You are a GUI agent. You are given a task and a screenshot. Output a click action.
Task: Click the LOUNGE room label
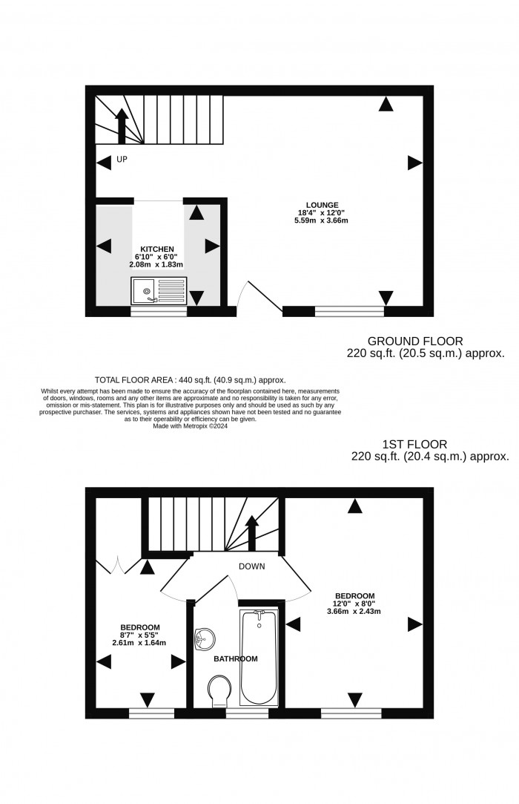tap(323, 205)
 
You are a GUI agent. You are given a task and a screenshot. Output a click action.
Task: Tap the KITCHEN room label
tap(157, 249)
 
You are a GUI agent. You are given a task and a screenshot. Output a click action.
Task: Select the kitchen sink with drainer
tap(159, 290)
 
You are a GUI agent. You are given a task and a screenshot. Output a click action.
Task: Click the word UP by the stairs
tap(122, 159)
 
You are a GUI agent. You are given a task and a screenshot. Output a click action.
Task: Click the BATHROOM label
tap(236, 658)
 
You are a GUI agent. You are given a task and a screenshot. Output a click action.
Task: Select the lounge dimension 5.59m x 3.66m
tap(323, 220)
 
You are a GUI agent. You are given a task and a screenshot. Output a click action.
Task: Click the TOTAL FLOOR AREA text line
tap(191, 379)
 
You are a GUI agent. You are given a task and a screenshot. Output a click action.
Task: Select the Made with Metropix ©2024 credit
tap(190, 426)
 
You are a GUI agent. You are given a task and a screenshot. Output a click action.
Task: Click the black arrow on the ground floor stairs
tap(122, 125)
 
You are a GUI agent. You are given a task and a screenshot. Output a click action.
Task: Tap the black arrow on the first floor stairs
tap(252, 532)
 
